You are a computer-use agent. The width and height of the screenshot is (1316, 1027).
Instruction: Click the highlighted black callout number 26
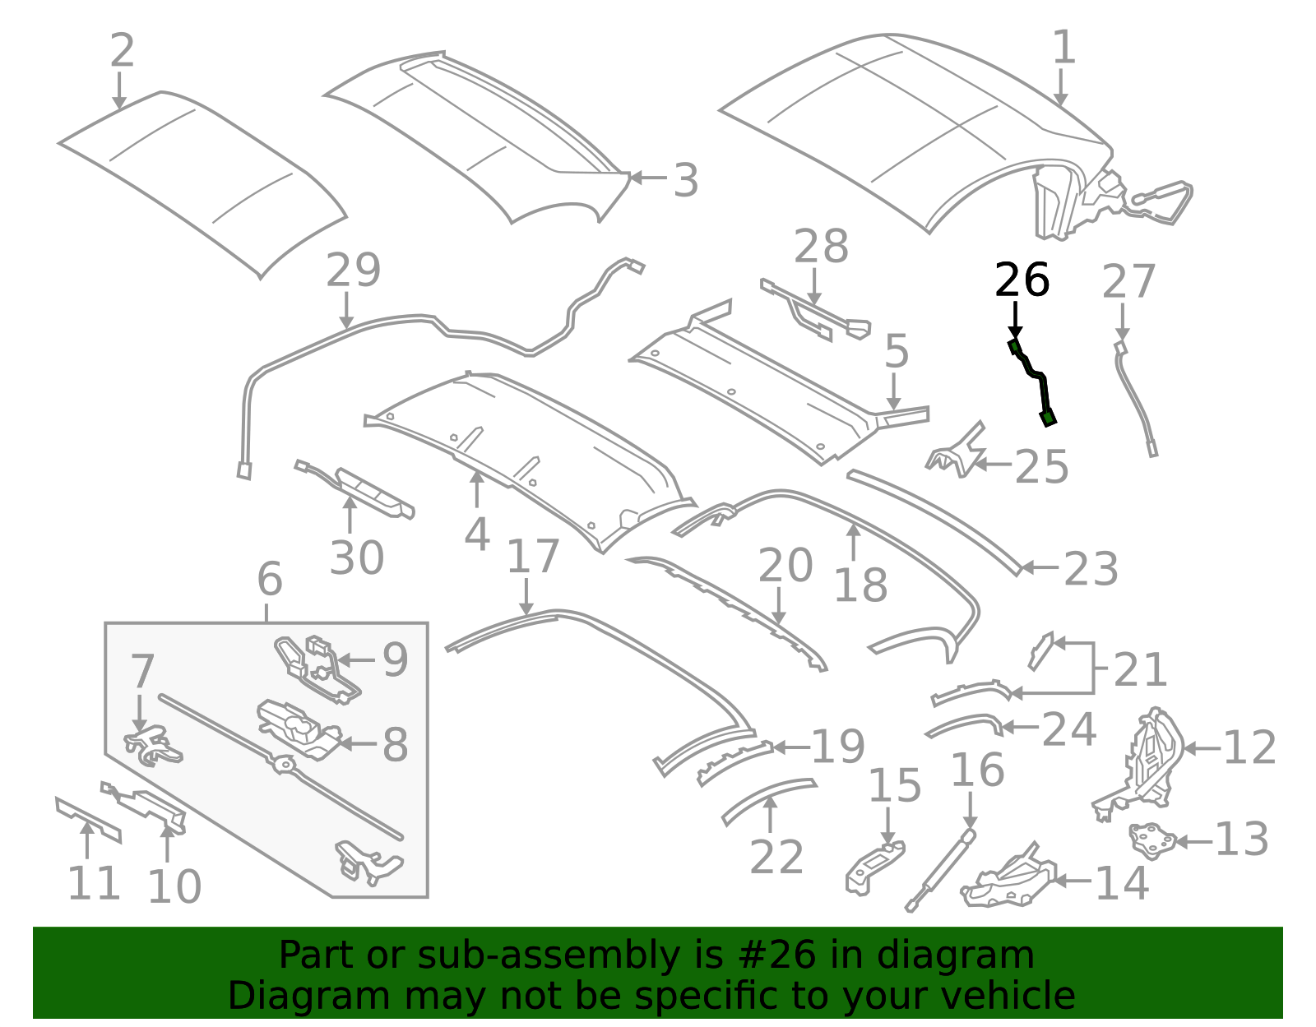[x=1022, y=280]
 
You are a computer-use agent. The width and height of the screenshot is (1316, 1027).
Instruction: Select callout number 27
[x=1128, y=282]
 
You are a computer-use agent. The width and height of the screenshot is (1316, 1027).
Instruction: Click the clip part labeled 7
[x=153, y=744]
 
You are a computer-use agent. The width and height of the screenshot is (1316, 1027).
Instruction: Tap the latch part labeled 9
[x=317, y=668]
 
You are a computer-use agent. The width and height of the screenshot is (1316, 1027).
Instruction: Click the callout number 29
[x=353, y=271]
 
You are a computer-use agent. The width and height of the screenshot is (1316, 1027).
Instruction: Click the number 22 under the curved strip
[x=776, y=858]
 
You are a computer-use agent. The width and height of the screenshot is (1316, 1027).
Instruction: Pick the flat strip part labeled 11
[x=88, y=818]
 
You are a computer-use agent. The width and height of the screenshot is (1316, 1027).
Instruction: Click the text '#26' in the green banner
[x=770, y=955]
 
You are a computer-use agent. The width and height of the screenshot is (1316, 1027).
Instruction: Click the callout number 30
[x=356, y=558]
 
